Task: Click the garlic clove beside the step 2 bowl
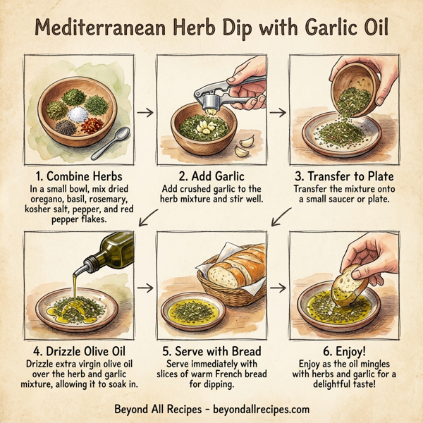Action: tap(245, 147)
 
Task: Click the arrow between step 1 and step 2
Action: tap(144, 111)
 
